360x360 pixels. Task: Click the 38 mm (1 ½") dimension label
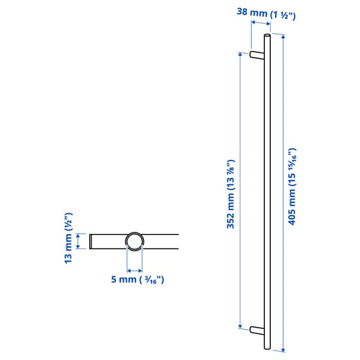266,14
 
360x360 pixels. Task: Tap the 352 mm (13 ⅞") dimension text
230,194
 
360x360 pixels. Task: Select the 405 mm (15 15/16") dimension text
292,186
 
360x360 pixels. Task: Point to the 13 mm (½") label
68,238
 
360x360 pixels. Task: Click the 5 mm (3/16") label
138,279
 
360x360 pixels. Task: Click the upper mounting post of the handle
257,55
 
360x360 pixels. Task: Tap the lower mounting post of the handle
257,330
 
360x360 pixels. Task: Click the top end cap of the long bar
267,35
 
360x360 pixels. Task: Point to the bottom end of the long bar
267,348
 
